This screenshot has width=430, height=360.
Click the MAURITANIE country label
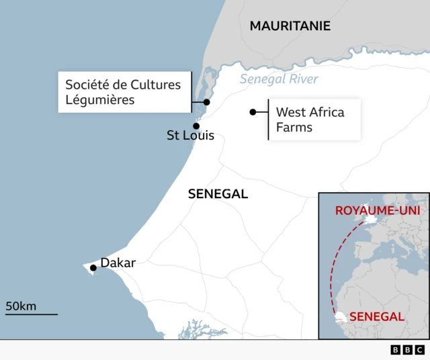[x=290, y=26]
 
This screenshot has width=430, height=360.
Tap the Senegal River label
[x=279, y=79]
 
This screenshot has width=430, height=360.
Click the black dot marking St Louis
[x=196, y=126]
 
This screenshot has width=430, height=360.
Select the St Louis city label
[x=190, y=136]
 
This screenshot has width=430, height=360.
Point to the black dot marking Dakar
[x=93, y=268]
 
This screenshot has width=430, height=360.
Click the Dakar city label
[x=118, y=263]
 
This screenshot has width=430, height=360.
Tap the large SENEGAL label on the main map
[x=218, y=194]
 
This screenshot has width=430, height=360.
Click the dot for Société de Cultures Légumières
[x=207, y=102]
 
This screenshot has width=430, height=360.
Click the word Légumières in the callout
[x=100, y=100]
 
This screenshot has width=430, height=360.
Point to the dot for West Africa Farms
[x=253, y=112]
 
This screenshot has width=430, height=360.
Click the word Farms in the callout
[x=294, y=127]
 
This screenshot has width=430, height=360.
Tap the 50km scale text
[x=21, y=306]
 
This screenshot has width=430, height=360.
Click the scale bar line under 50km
[x=32, y=314]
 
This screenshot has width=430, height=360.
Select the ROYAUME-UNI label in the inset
[x=378, y=210]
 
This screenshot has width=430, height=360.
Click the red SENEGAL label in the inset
[x=377, y=316]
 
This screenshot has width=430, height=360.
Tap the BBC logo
[x=408, y=350]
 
